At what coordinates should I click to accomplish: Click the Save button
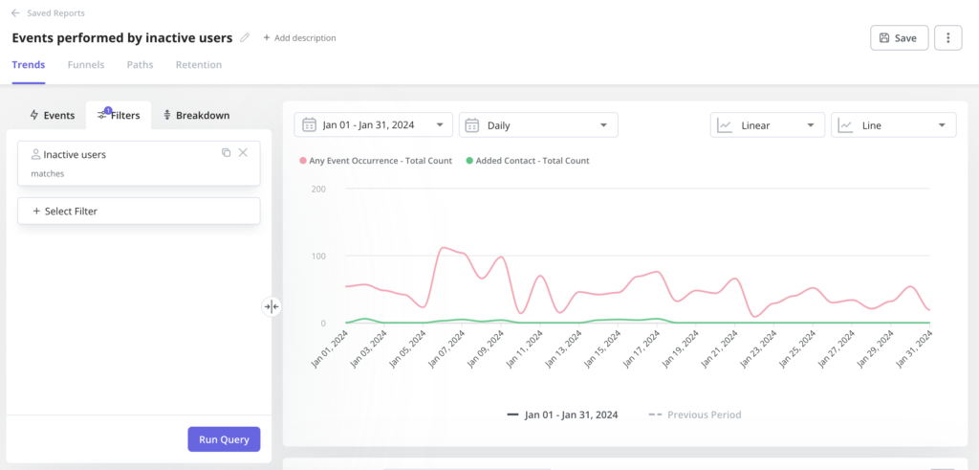click(x=899, y=37)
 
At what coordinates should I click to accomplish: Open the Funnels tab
click(x=86, y=65)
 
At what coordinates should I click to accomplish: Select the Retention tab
click(x=199, y=65)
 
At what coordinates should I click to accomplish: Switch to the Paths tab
click(x=140, y=65)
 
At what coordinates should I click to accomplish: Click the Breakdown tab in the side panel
click(x=196, y=115)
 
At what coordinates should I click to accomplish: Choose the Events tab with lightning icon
click(x=52, y=115)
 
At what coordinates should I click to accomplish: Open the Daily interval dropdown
click(x=538, y=125)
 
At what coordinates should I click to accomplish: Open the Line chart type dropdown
click(x=893, y=125)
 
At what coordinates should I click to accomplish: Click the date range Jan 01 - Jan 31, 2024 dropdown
click(x=373, y=125)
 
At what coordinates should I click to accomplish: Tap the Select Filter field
click(x=139, y=211)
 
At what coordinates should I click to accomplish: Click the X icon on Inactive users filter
click(x=243, y=152)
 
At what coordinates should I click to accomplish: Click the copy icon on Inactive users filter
click(x=227, y=152)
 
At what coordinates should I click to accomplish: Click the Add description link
click(x=299, y=38)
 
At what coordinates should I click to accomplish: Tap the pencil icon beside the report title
click(x=245, y=38)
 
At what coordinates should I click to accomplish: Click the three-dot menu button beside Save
click(x=947, y=37)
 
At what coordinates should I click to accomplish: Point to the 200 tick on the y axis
click(x=319, y=190)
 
